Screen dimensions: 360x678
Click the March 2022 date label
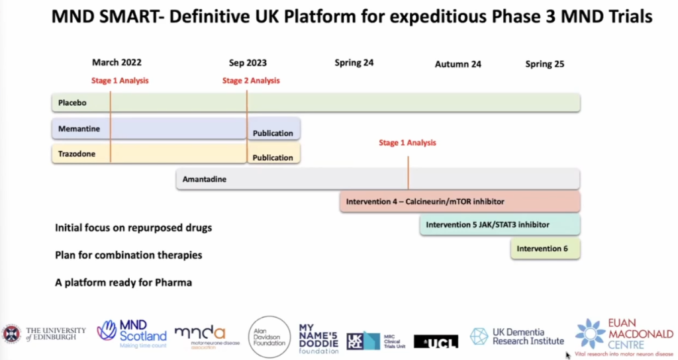(x=117, y=63)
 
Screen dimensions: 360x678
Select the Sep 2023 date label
(x=248, y=63)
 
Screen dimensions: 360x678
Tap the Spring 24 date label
(x=354, y=63)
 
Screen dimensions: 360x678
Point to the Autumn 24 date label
(x=458, y=64)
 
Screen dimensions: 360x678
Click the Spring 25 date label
(x=544, y=64)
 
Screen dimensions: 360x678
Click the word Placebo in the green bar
(x=72, y=103)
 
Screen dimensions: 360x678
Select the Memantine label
(x=79, y=128)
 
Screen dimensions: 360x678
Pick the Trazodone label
(x=77, y=154)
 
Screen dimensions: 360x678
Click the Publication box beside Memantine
(x=273, y=132)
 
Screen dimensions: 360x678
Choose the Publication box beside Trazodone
(x=273, y=157)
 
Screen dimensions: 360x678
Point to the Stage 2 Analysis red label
(x=251, y=81)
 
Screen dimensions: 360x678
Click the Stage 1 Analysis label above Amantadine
(x=407, y=142)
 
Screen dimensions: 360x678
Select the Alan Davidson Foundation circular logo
(x=269, y=337)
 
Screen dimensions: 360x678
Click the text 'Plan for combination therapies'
(x=128, y=255)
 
